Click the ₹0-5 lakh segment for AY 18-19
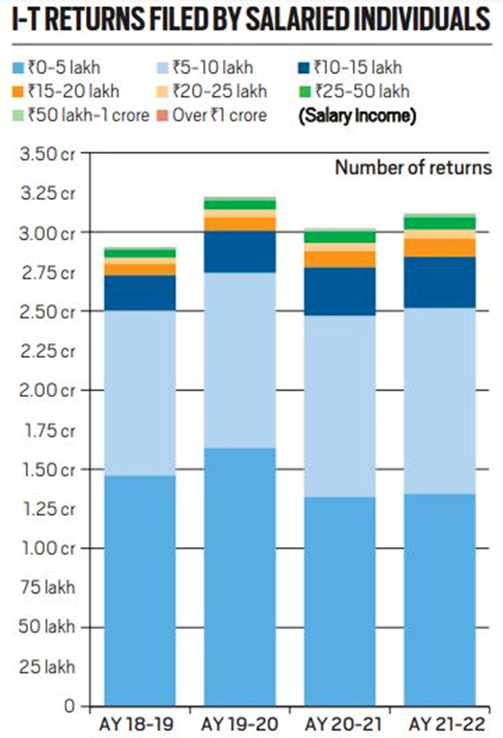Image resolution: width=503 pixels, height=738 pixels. pyautogui.click(x=140, y=590)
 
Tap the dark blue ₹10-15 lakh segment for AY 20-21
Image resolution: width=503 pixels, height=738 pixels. pyautogui.click(x=340, y=291)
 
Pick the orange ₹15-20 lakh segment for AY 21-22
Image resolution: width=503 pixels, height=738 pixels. pyautogui.click(x=440, y=247)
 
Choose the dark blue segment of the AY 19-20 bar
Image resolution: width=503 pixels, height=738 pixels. pyautogui.click(x=240, y=251)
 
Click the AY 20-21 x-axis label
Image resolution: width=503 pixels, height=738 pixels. pyautogui.click(x=340, y=722)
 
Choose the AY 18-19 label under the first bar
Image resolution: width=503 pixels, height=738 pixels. pyautogui.click(x=140, y=722)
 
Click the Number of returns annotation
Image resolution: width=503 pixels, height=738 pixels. pyautogui.click(x=413, y=168)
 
